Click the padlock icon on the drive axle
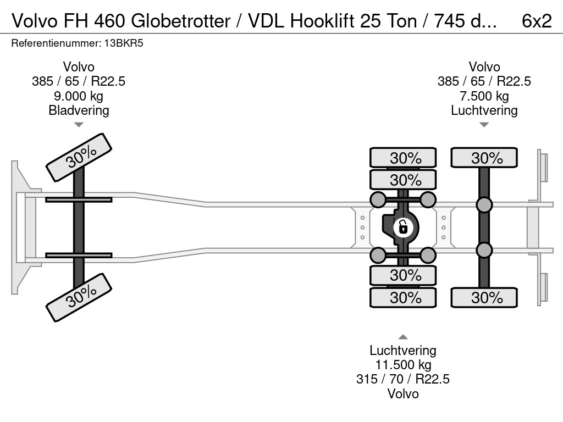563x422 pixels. click(403, 226)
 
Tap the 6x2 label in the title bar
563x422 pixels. click(536, 21)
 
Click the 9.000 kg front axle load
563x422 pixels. click(79, 96)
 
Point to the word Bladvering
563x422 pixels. click(79, 110)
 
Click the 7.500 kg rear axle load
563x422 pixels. click(484, 96)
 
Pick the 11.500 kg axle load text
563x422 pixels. click(402, 365)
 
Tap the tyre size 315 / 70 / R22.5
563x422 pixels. click(402, 379)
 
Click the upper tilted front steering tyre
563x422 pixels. click(79, 157)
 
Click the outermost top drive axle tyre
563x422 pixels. click(403, 158)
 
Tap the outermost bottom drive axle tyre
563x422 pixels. click(403, 298)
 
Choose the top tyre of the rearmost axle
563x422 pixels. click(484, 158)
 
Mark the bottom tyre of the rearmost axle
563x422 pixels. click(484, 298)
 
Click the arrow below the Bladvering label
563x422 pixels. click(79, 125)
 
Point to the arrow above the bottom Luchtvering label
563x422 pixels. click(402, 337)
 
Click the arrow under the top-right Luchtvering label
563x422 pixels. click(484, 125)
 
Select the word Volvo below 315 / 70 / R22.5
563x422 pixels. click(402, 393)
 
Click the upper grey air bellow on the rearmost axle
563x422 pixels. click(484, 206)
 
